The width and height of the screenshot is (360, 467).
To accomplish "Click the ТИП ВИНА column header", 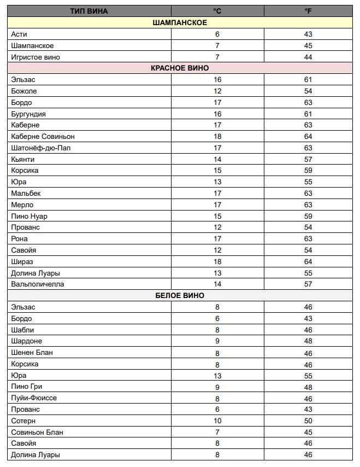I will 89,11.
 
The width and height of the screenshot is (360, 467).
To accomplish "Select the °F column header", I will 308,11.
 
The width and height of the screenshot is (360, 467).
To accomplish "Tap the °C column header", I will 217,11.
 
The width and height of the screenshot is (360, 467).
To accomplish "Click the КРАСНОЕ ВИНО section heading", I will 180,68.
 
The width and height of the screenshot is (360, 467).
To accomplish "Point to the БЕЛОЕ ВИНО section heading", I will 180,296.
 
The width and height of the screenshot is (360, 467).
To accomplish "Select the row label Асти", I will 19,34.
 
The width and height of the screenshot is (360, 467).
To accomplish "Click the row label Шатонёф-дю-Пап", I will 40,148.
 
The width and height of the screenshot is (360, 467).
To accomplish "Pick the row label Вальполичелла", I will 38,284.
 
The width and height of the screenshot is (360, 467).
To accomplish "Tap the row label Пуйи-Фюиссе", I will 34,398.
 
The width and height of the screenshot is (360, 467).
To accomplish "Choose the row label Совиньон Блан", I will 37,433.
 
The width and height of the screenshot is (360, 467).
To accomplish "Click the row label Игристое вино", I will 36,57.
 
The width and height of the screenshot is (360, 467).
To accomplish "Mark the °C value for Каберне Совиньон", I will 217,137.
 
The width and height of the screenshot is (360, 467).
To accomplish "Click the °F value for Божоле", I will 308,91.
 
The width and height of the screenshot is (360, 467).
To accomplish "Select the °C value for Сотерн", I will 217,421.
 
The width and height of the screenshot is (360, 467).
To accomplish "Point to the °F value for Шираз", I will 308,262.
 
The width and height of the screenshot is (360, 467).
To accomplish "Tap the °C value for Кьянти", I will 217,160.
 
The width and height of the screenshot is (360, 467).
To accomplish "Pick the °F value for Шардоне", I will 308,341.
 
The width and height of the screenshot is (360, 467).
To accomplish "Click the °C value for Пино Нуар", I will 217,217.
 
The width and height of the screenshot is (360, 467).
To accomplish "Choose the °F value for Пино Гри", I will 308,387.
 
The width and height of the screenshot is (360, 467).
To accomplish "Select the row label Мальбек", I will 26,194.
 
